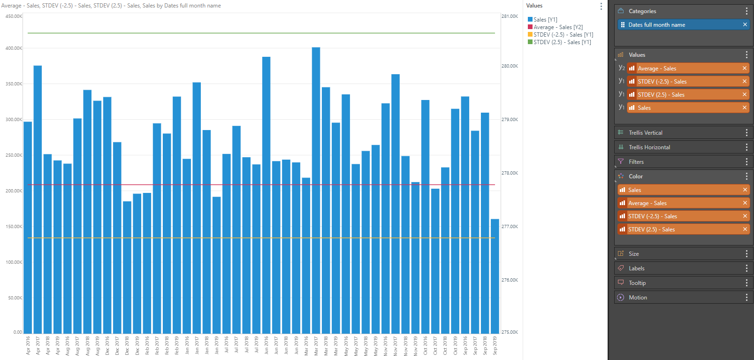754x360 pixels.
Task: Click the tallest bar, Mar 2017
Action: pos(316,188)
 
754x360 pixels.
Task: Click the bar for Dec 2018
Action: pos(127,268)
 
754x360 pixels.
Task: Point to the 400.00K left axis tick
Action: pos(14,48)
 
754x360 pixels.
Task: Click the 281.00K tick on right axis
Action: pos(510,16)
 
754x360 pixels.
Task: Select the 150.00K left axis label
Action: pos(14,227)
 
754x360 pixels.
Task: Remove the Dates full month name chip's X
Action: pos(745,25)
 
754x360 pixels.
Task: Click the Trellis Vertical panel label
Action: pos(646,133)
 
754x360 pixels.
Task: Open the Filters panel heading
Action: pos(636,162)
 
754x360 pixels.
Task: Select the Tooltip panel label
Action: pos(637,283)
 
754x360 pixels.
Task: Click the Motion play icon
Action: pos(621,298)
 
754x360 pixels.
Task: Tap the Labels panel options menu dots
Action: pos(746,268)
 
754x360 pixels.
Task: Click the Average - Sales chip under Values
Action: pos(657,69)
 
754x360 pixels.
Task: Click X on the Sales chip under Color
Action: pos(745,190)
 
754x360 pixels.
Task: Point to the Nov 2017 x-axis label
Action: pos(396,345)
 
